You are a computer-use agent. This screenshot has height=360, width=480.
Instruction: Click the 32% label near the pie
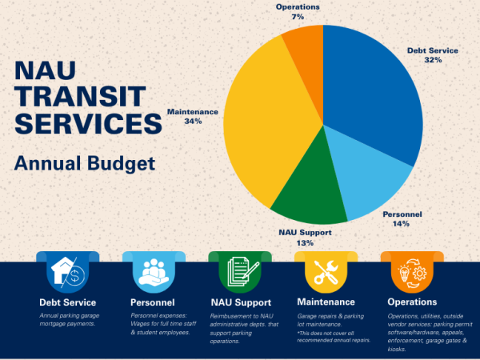pyautogui.click(x=432, y=60)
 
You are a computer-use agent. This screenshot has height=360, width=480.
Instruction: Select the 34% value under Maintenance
pyautogui.click(x=191, y=122)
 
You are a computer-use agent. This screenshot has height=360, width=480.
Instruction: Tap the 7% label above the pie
pyautogui.click(x=297, y=17)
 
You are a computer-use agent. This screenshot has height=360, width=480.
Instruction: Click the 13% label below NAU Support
pyautogui.click(x=304, y=242)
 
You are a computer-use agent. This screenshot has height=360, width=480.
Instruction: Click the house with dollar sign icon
pyautogui.click(x=67, y=273)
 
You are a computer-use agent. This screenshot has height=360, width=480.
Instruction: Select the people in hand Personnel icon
pyautogui.click(x=154, y=273)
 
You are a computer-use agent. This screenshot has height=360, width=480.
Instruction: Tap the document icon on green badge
pyautogui.click(x=239, y=273)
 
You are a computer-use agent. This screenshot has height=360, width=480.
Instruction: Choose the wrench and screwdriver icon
pyautogui.click(x=326, y=273)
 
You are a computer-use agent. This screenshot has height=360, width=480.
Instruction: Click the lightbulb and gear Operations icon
pyautogui.click(x=411, y=273)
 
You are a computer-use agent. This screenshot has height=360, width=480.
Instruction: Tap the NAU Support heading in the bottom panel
pyautogui.click(x=241, y=302)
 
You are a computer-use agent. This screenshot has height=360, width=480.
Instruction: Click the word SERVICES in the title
pyautogui.click(x=82, y=126)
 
